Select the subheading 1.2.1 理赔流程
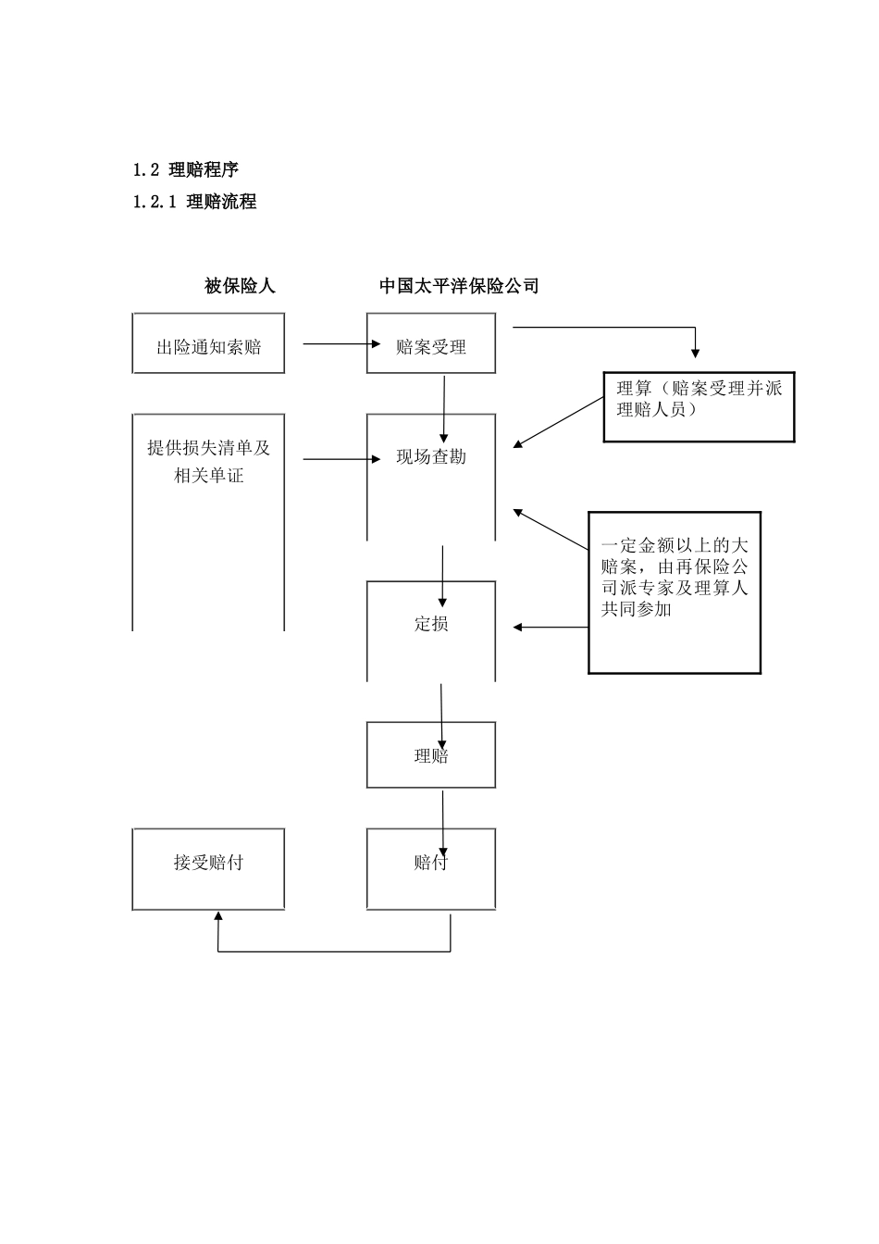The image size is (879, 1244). (194, 201)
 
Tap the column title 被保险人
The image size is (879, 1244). (240, 286)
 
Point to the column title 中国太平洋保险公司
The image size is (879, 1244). (459, 286)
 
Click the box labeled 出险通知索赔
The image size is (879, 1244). (208, 343)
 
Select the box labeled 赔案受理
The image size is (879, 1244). (430, 343)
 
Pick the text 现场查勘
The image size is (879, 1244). (431, 457)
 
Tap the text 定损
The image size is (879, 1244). (431, 624)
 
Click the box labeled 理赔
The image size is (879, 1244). (431, 755)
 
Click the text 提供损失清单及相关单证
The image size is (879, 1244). (208, 462)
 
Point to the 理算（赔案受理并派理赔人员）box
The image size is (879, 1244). (699, 407)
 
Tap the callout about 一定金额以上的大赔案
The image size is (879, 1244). (675, 592)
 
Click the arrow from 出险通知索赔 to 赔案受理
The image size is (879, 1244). (340, 344)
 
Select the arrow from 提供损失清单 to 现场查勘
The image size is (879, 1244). (340, 458)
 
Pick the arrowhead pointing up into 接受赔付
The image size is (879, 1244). (217, 916)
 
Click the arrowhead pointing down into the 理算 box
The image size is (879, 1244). (696, 352)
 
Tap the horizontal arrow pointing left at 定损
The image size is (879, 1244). (551, 628)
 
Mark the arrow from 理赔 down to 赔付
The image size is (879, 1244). (443, 819)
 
